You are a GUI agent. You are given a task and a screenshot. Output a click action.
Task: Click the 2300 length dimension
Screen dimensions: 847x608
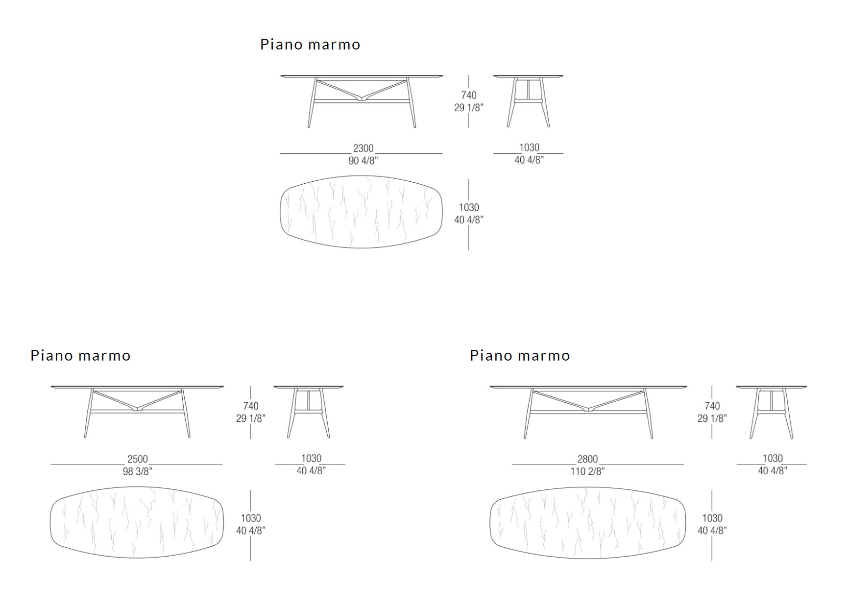[x=363, y=148]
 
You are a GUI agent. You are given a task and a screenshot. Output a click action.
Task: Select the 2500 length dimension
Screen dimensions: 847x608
[x=137, y=459]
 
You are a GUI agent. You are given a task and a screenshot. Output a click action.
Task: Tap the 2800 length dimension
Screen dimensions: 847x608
[x=587, y=459]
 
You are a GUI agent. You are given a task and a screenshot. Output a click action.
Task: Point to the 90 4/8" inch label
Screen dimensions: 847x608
[x=363, y=160]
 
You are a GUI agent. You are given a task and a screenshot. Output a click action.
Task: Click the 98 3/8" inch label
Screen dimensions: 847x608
[x=137, y=471]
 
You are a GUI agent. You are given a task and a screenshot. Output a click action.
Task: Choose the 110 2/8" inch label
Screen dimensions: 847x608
[x=587, y=471]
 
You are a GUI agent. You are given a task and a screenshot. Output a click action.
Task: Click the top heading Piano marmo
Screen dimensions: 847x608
[x=310, y=45]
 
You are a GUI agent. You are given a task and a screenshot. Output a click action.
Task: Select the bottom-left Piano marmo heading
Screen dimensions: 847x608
[x=80, y=356]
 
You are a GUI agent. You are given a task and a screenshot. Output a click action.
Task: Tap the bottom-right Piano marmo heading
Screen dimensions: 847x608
[x=520, y=356]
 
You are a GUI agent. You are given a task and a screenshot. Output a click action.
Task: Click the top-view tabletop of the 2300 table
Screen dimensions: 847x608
[x=362, y=212]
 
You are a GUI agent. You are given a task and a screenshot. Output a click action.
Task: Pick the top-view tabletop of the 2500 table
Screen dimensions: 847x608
[x=137, y=522]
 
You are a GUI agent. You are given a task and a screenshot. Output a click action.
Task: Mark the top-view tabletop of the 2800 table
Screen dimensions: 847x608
[x=588, y=522]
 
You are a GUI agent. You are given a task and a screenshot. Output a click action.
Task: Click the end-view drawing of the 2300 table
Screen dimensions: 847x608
[x=528, y=101]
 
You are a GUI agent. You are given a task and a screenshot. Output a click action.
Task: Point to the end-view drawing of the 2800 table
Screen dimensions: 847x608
[x=771, y=412]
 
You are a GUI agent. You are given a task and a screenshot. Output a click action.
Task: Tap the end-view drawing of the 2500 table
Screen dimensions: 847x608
[x=308, y=412]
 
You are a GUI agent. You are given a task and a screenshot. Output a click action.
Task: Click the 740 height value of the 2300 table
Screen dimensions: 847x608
[x=469, y=95]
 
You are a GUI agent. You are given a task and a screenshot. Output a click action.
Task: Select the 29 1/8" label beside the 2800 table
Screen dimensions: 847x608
[x=712, y=418]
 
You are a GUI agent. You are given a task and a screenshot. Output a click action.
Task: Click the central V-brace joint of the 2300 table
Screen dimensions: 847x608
[x=362, y=97]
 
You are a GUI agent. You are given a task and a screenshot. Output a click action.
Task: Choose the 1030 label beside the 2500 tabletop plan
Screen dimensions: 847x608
[x=250, y=518]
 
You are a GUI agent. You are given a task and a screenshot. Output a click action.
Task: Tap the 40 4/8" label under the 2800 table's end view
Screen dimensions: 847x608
[x=773, y=471]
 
